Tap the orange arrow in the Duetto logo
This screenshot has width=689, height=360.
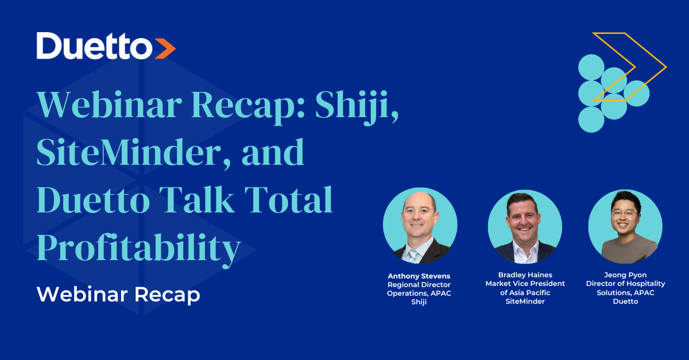pos(165,48)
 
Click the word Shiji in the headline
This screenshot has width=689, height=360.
pos(357,107)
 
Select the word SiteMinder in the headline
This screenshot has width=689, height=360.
pos(129,152)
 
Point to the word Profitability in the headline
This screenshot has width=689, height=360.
pos(139,250)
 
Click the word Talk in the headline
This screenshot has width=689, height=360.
pos(197,199)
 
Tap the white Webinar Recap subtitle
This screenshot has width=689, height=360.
pos(118,295)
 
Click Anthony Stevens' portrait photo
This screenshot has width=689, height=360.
pos(420,226)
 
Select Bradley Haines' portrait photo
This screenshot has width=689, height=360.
pos(525,227)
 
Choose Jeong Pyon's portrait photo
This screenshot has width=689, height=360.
pos(625,226)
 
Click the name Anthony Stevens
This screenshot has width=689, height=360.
pos(419,276)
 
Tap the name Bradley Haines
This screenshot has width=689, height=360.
pos(525,275)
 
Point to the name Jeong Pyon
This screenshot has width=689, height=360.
pos(625,275)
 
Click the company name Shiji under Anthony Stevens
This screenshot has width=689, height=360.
pos(419,302)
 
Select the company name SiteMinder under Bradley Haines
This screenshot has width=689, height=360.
pos(525,301)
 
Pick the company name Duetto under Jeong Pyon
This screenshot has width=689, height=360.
pos(625,301)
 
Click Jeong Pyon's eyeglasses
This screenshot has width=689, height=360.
pos(625,214)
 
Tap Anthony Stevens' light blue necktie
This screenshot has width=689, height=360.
pos(412,256)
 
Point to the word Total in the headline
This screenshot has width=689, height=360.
pos(288,199)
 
